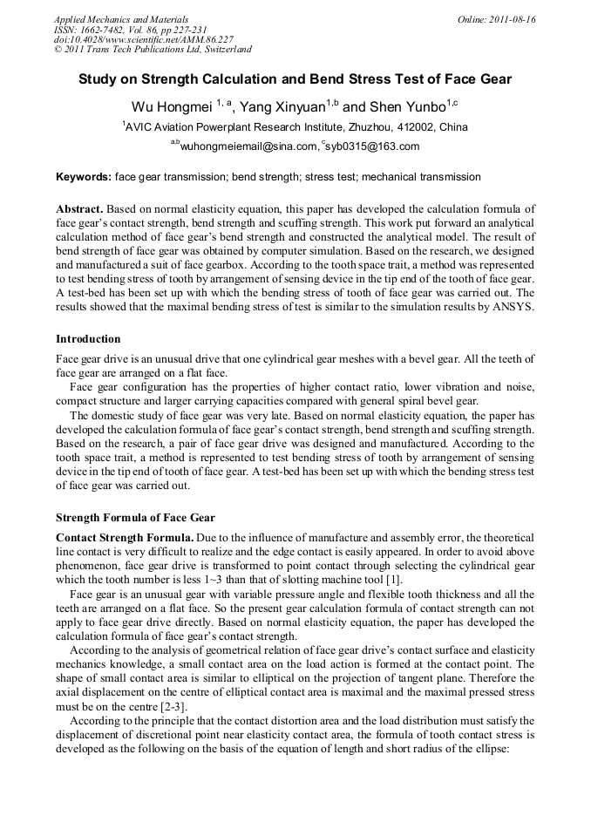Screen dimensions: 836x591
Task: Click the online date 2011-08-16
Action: [x=513, y=19]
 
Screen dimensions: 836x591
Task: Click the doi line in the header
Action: [x=143, y=40]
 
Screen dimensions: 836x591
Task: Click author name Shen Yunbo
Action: [x=406, y=107]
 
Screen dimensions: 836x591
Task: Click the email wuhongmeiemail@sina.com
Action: [x=247, y=147]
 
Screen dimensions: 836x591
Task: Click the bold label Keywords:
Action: [x=84, y=177]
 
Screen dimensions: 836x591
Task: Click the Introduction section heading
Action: [x=88, y=339]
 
